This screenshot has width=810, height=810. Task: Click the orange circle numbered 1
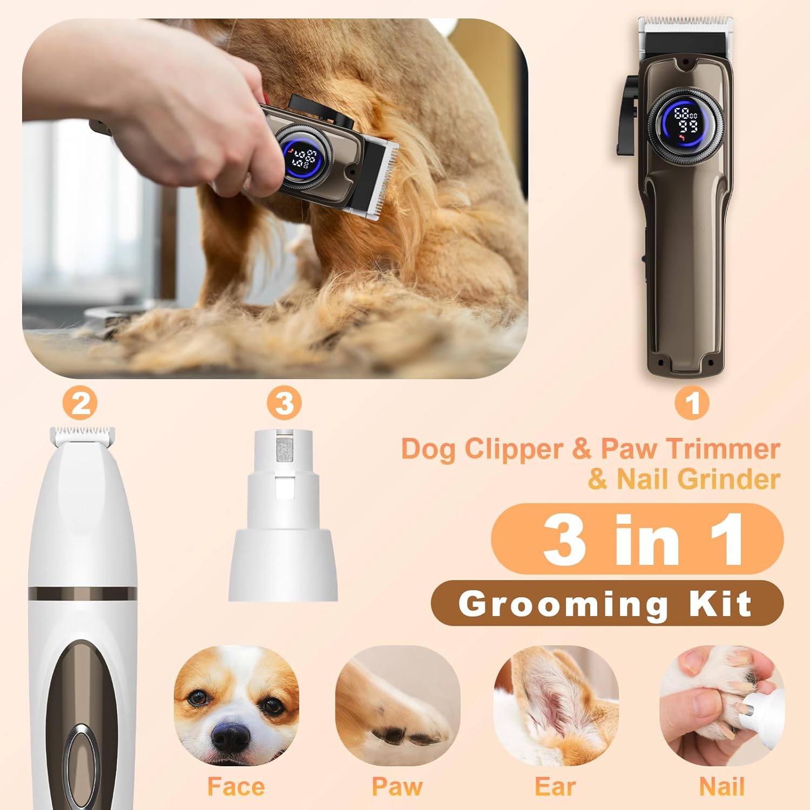point(693,404)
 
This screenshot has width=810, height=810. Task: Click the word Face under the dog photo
point(236,786)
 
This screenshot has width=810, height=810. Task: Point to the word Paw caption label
point(397,786)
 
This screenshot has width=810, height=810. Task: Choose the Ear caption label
point(556,786)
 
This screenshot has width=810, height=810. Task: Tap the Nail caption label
point(722,786)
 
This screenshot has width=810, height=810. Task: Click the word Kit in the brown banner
point(721,603)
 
